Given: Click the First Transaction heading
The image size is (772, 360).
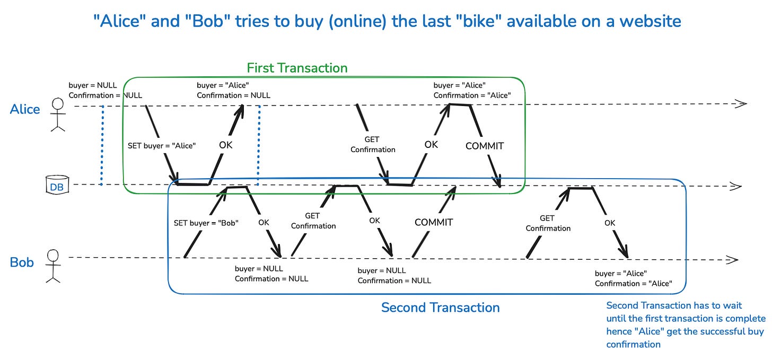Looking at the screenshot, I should (x=297, y=68).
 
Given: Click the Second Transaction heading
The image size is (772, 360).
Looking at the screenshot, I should (x=440, y=308).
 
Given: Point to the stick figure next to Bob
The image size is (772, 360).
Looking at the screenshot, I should (x=53, y=265).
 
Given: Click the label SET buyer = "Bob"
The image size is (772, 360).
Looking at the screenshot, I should (x=206, y=223).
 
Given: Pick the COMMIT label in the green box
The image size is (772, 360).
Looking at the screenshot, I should (x=484, y=146).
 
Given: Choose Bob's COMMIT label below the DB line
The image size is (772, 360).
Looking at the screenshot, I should (x=434, y=222).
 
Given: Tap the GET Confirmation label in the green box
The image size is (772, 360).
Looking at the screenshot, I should (x=373, y=145).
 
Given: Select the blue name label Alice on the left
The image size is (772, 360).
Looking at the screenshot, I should (x=25, y=109).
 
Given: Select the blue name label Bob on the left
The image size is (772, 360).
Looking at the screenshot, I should (x=22, y=262).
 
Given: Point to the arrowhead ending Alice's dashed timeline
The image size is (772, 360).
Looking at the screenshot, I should (x=740, y=103).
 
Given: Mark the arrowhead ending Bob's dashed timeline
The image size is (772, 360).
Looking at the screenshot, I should (x=732, y=260).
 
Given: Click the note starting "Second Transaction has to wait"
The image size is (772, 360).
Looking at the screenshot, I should (x=686, y=324).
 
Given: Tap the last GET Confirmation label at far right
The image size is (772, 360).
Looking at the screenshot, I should (x=548, y=223).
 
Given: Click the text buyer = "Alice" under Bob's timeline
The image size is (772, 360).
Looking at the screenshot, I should (x=620, y=274).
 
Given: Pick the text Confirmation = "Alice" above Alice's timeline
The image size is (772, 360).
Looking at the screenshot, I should (x=472, y=95).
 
